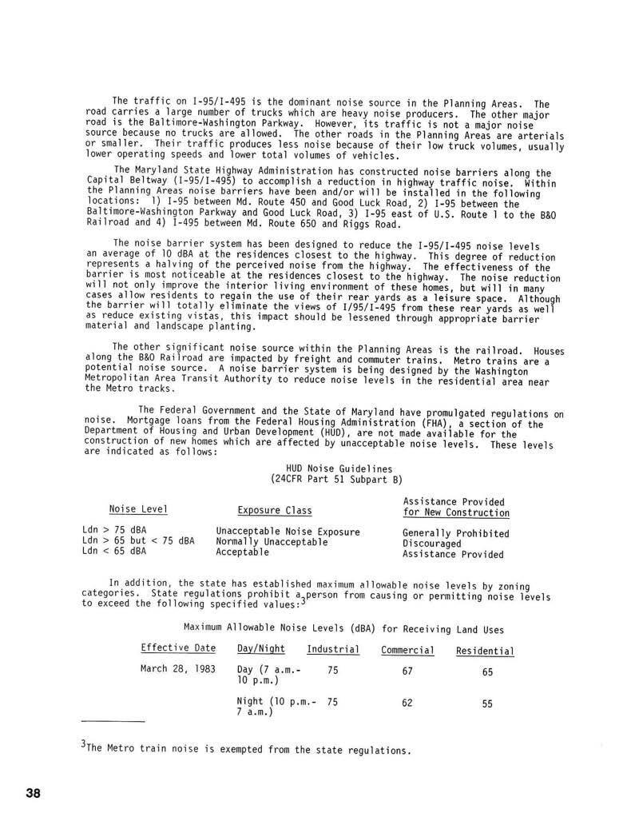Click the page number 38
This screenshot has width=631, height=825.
32,793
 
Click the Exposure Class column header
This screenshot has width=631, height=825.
275,511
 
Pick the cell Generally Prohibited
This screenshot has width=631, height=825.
455,533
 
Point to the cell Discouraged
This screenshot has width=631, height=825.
431,544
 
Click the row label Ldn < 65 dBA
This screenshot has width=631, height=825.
114,552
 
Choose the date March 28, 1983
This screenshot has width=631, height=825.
178,669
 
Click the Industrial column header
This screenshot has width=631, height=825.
333,649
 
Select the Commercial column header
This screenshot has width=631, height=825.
407,650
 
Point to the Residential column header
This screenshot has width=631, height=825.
485,651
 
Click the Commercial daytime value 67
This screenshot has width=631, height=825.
407,672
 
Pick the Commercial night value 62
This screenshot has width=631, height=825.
407,703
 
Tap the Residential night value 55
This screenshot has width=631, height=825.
487,704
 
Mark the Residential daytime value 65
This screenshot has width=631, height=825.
487,672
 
